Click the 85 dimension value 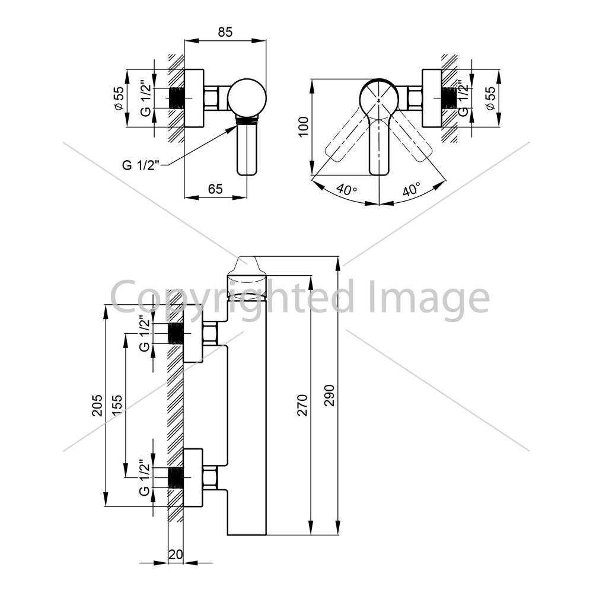[x=225, y=32]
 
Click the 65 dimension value [x=216, y=189]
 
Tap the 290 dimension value [x=330, y=396]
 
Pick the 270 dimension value [x=302, y=406]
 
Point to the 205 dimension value [x=98, y=406]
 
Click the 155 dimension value [x=117, y=406]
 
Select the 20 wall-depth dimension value [x=176, y=554]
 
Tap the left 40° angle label [x=347, y=189]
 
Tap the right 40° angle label [x=411, y=189]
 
